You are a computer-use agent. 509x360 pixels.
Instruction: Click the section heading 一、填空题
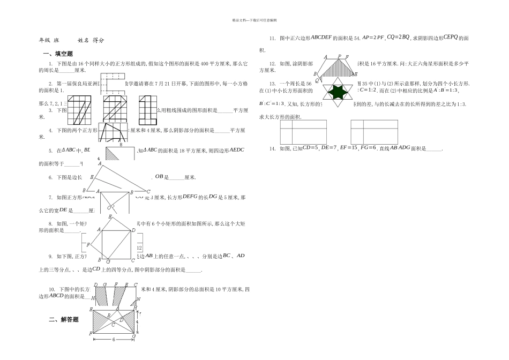58,54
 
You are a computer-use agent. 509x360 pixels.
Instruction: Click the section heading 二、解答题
64,320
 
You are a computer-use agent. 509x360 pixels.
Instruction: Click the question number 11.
273,39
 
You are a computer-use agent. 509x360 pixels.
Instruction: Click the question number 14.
273,148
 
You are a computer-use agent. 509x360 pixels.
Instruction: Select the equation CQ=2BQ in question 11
398,38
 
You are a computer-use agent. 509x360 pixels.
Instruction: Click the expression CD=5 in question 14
310,148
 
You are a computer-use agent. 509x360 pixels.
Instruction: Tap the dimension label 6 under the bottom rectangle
113,339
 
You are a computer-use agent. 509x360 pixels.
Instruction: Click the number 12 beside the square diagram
139,248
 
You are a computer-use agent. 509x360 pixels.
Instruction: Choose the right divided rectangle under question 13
375,131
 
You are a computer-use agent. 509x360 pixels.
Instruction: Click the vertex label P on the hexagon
339,56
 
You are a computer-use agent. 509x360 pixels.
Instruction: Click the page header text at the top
254,20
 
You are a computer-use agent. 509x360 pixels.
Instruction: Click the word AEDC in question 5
236,151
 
